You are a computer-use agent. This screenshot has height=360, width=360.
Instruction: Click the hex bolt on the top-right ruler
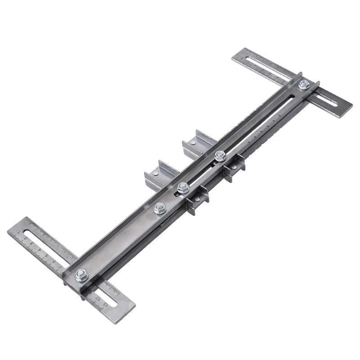(x=304, y=85)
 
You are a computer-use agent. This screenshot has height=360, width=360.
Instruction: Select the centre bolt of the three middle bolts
(x=183, y=188)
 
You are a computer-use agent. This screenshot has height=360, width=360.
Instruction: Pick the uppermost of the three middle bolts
(x=220, y=156)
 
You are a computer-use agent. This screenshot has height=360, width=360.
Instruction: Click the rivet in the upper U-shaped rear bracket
(x=193, y=143)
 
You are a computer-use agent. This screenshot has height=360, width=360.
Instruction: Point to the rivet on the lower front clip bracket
(x=197, y=199)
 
